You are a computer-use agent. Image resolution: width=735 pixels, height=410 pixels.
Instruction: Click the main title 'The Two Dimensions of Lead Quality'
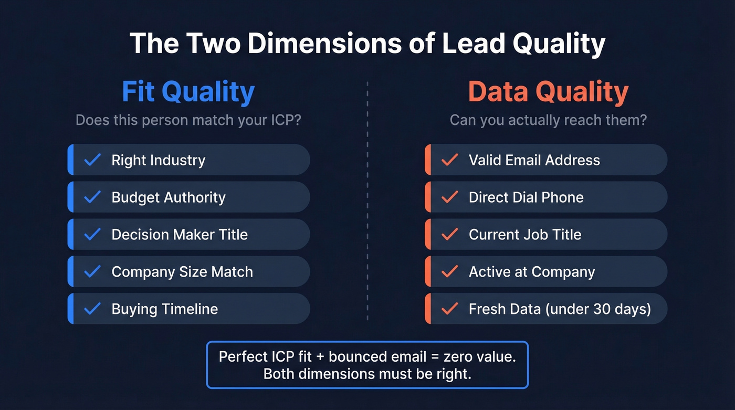[367, 44]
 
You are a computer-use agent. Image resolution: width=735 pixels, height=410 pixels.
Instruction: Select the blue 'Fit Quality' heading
[188, 92]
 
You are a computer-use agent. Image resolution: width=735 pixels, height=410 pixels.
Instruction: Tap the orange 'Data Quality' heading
[548, 92]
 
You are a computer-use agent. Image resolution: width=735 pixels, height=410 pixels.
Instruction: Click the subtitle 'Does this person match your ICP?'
[188, 120]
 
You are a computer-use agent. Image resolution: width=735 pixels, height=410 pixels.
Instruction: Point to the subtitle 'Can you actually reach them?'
[548, 120]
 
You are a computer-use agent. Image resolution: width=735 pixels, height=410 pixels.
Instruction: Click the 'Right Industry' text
[158, 160]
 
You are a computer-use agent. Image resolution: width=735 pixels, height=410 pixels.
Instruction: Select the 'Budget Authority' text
[168, 197]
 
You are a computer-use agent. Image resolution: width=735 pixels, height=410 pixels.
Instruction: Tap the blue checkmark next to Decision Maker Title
[92, 234]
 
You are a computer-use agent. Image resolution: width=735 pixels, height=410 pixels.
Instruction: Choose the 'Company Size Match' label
[182, 272]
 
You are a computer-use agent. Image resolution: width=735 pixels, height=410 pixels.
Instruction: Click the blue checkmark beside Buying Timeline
[92, 309]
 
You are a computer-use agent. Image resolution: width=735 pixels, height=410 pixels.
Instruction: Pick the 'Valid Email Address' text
[534, 160]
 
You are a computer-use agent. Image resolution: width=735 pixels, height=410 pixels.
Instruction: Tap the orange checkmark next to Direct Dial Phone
[449, 197]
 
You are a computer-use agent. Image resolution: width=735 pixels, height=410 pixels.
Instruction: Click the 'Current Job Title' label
[524, 234]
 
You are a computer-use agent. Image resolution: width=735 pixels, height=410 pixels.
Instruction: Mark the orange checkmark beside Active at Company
[449, 272]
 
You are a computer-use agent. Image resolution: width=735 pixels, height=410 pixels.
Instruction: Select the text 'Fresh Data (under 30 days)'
[559, 309]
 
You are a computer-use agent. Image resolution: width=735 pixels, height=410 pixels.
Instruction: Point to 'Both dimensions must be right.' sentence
[367, 374]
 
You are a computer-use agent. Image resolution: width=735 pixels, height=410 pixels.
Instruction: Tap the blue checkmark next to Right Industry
[92, 160]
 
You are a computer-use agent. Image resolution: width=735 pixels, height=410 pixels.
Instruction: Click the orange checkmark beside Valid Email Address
[449, 160]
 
